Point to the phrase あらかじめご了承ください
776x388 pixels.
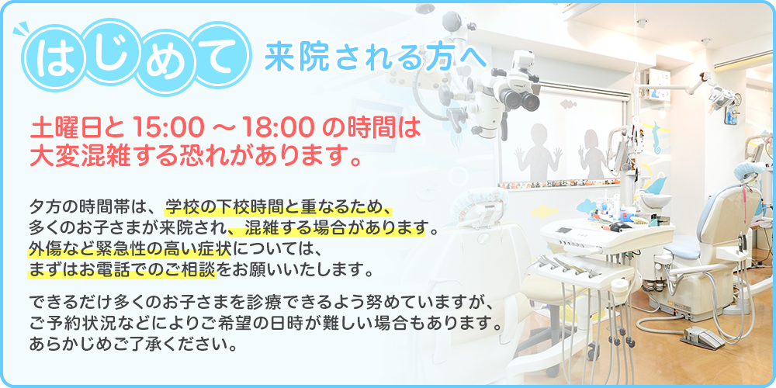point(132,342)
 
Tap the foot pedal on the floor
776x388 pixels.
point(702,336)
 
